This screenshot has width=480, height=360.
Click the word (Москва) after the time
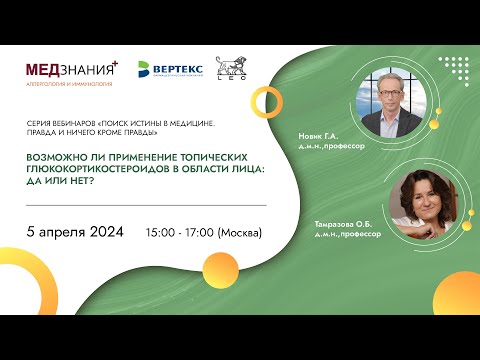pos(239,233)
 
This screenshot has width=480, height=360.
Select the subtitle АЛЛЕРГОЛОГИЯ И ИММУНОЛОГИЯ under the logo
pos(68,86)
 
